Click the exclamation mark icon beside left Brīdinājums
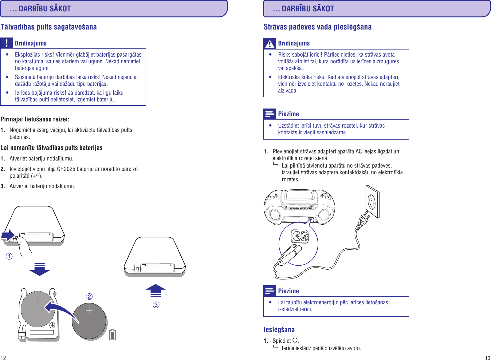6,43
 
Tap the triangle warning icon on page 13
270,44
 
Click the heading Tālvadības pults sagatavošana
49,27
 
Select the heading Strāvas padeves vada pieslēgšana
317,27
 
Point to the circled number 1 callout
9,256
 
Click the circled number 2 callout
89,296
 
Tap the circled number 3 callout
156,305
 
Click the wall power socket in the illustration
372,201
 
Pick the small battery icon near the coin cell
112,334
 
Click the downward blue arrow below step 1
39,269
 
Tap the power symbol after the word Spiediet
295,340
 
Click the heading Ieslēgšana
279,330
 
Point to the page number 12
3,358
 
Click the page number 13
488,358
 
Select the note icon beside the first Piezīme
270,114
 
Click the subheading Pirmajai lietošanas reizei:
35,119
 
